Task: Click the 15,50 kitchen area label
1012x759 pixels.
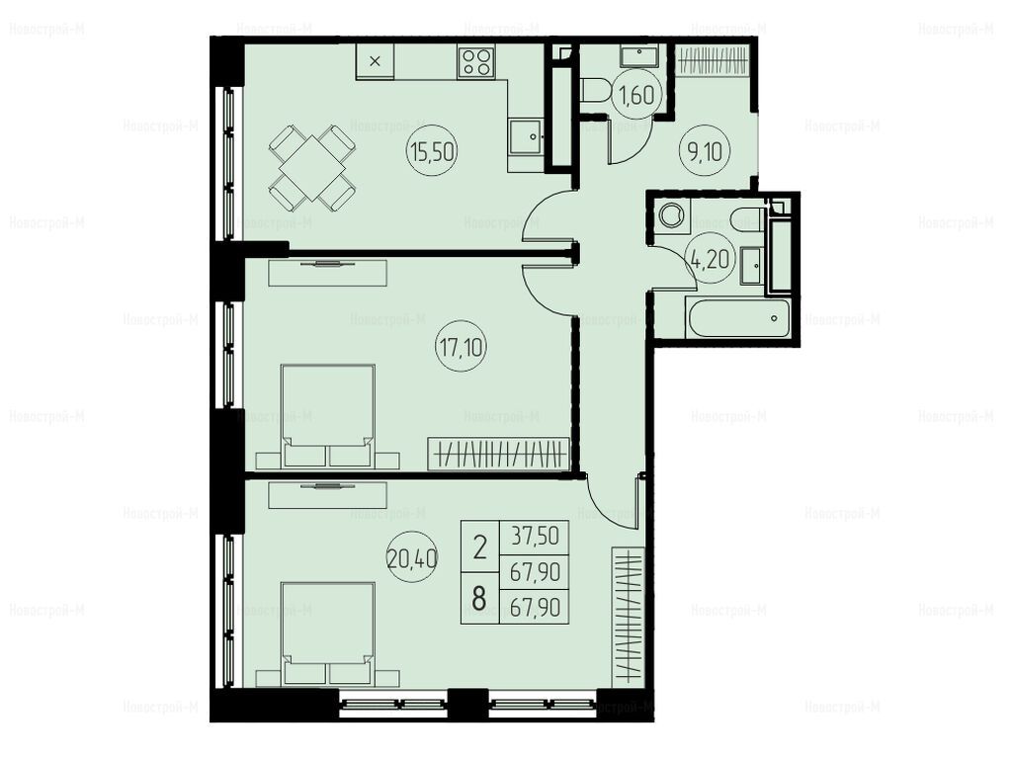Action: click(432, 152)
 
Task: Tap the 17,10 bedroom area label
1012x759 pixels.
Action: click(461, 348)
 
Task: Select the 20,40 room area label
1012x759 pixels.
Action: click(412, 557)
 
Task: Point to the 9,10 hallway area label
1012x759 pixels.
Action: click(705, 152)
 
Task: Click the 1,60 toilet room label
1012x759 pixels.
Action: click(637, 96)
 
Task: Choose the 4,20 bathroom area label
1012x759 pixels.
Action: click(710, 260)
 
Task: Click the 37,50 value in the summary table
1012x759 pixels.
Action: click(535, 537)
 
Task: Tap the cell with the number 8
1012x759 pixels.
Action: click(479, 598)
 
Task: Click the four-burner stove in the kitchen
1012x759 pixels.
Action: click(476, 62)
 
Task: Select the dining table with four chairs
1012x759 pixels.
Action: click(311, 168)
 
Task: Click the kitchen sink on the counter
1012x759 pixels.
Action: click(526, 137)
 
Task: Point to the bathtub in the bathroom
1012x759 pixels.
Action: click(736, 318)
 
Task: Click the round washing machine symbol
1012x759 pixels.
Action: click(672, 215)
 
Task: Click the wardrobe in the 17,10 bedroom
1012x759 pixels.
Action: click(499, 455)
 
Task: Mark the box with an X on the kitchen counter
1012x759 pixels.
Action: click(375, 61)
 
